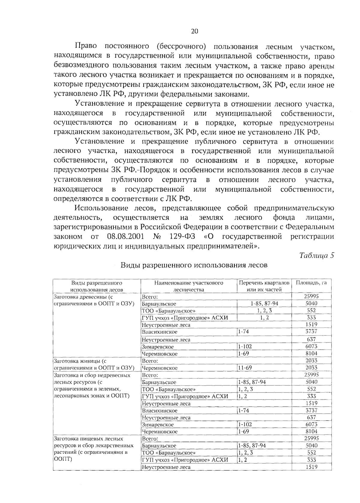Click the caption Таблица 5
316,256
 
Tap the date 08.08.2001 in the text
125,236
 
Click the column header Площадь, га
311,283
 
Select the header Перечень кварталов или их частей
264,286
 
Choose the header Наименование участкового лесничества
189,286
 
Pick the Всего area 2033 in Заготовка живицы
311,360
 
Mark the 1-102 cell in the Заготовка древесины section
245,347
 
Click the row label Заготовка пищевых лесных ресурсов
88,439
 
